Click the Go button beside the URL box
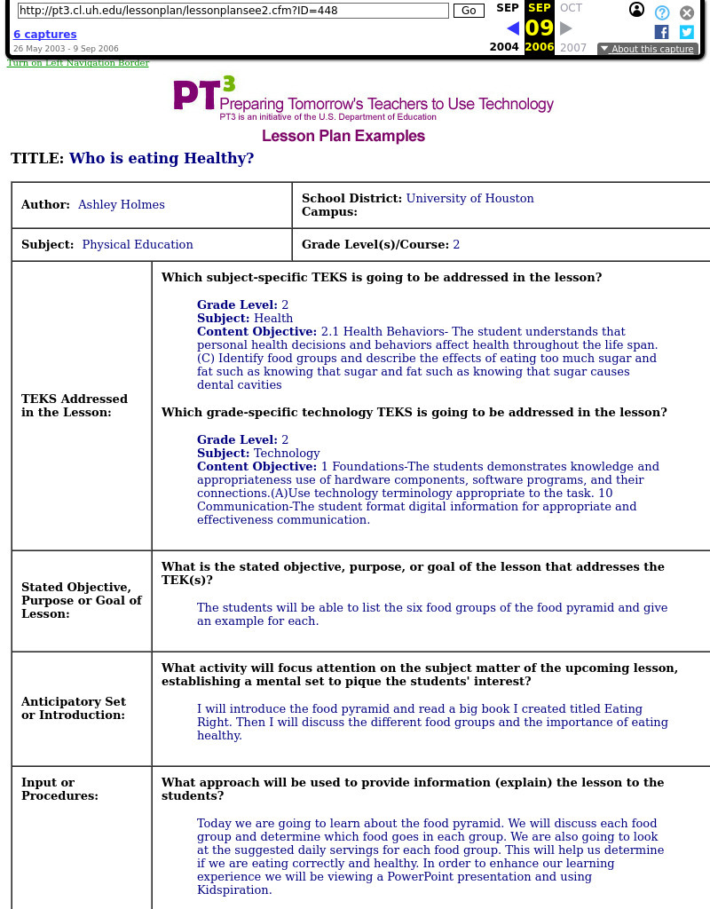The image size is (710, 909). pos(469,11)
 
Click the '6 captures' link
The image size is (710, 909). pos(44,35)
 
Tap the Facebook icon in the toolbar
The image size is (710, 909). pos(661,32)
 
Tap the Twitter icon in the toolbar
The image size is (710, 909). pos(687,32)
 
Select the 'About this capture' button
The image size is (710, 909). pos(647,49)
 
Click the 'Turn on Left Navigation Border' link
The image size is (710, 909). pos(78,63)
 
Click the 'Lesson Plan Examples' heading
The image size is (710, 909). pos(343,136)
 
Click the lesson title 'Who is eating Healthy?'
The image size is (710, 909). pos(162,159)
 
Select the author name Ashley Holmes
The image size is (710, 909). pos(122,205)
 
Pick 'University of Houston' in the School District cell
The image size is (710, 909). pos(470,199)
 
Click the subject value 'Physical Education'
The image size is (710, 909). pos(138,245)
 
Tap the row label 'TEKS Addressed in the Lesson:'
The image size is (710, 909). pos(75,406)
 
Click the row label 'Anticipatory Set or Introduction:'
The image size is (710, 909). pos(74,708)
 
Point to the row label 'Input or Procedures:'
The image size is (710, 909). pos(60,789)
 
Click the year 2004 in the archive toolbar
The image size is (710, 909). pos(504,47)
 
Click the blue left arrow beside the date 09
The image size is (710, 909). pos(512,28)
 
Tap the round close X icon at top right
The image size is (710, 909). pos(687,12)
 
